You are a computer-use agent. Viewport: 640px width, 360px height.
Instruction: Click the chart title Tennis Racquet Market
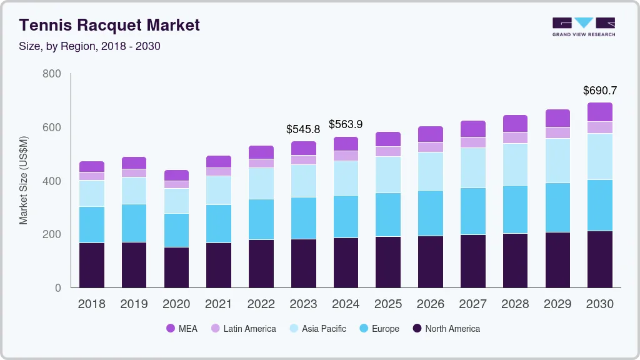click(x=109, y=25)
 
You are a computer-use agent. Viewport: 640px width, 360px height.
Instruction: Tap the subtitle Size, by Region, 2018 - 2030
click(x=89, y=46)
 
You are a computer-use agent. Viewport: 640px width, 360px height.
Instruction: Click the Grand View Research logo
click(x=583, y=26)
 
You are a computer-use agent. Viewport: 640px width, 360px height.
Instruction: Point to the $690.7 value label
click(x=600, y=91)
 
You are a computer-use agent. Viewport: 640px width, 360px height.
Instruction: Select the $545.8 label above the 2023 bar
click(x=303, y=129)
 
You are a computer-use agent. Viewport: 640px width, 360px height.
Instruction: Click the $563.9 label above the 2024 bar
click(x=346, y=124)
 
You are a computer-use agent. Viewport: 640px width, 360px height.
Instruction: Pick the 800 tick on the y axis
click(x=52, y=74)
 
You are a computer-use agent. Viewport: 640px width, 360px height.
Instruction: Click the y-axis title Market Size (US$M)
click(x=23, y=180)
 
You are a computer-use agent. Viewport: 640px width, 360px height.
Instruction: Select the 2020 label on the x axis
click(x=176, y=304)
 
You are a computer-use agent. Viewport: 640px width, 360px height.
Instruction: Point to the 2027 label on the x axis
click(x=472, y=304)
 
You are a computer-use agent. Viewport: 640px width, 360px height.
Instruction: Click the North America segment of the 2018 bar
click(x=92, y=265)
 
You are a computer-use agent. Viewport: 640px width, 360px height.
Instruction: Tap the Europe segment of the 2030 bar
click(x=600, y=205)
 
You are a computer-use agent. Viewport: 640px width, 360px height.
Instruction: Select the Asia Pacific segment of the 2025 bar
click(x=388, y=174)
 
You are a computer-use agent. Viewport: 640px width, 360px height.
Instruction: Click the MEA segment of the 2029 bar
click(x=557, y=118)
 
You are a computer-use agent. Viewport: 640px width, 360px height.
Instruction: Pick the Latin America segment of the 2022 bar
click(x=261, y=163)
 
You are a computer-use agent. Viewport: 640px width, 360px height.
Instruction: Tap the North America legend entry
click(x=446, y=329)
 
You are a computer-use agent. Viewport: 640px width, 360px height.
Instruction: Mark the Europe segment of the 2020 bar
click(x=176, y=230)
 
